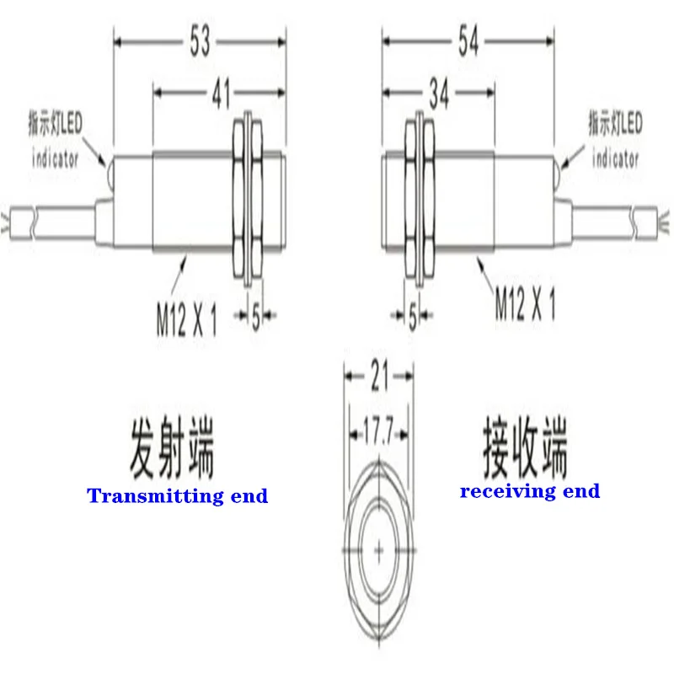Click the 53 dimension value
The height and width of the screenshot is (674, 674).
(200, 40)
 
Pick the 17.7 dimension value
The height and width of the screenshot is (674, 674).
(378, 436)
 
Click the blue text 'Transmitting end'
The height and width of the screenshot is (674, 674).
(178, 495)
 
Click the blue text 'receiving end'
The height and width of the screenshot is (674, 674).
(530, 491)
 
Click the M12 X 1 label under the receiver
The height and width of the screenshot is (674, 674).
(525, 304)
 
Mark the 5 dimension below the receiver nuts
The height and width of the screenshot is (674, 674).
(413, 317)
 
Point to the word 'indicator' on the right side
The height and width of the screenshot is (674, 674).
(615, 158)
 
